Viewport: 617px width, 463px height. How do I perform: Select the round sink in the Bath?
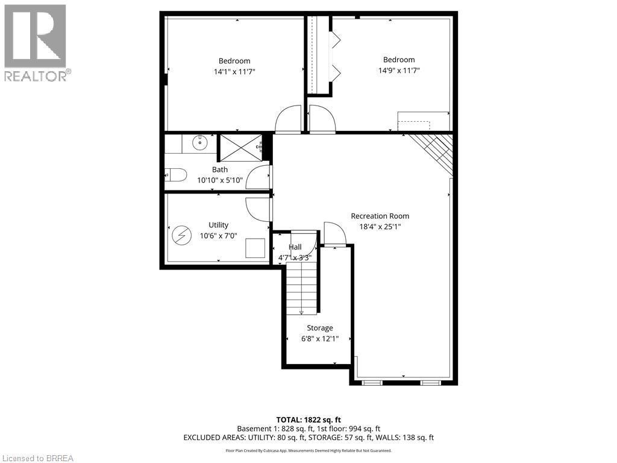199,143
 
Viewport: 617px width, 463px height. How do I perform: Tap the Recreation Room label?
380,216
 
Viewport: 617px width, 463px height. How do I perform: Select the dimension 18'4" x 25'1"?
380,227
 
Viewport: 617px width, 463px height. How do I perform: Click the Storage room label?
319,328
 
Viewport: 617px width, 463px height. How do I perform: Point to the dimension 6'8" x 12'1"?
319,339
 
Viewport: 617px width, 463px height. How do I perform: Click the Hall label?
295,247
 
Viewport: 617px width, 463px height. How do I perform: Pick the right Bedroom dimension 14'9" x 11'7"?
398,71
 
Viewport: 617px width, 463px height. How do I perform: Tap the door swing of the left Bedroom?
288,119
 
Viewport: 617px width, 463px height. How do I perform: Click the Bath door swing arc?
258,178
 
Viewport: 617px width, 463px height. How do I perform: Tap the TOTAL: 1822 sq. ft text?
308,420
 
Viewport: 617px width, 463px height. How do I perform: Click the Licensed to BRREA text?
37,458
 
